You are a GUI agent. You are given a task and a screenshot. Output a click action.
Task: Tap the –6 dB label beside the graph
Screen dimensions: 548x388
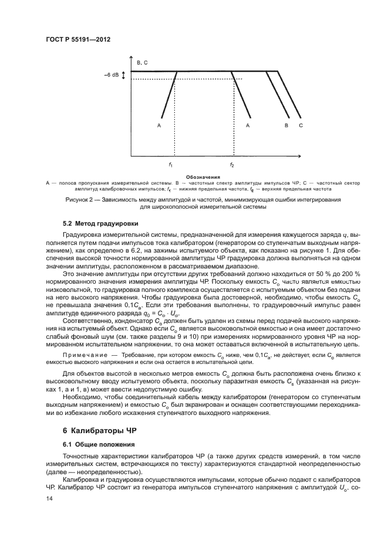pos(112,75)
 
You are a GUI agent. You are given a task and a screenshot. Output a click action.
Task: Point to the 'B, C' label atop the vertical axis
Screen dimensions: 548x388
pos(141,62)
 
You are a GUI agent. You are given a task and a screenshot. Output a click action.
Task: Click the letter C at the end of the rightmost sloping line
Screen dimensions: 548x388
pos(301,125)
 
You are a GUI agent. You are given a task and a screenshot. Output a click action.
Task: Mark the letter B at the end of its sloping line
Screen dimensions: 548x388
pos(286,125)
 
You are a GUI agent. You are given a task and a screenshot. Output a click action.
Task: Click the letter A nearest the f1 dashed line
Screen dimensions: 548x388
pos(159,125)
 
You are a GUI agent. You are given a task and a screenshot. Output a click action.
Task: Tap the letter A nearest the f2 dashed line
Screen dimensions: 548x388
pos(248,125)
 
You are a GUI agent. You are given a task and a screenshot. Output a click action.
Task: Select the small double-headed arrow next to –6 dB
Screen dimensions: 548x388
pos(124,75)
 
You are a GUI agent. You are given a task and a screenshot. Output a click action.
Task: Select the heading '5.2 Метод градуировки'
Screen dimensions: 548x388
pos(100,223)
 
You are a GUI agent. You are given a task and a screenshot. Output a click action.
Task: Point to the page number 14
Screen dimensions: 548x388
pos(49,498)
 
